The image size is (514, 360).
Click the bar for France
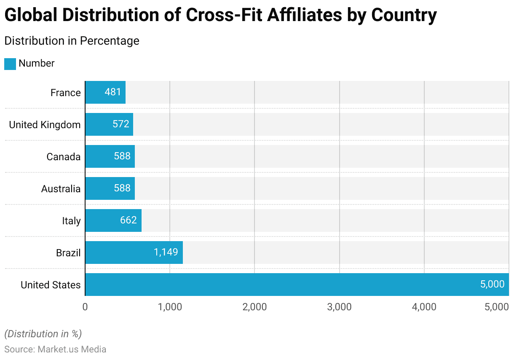105,92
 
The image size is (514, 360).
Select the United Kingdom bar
109,124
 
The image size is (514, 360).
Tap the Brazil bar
134,253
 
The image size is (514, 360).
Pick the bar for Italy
113,220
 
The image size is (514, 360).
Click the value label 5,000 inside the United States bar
492,285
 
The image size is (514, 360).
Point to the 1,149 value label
166,253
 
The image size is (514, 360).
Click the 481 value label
113,92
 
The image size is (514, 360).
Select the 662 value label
128,220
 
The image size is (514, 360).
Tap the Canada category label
63,157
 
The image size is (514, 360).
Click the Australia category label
61,189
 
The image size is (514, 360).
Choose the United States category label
51,285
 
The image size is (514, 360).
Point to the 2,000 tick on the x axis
254,307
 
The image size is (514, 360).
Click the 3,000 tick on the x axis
339,307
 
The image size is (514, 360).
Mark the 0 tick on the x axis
85,307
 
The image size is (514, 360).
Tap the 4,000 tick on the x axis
424,307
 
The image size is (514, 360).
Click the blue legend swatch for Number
10,64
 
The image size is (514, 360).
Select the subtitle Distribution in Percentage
72,41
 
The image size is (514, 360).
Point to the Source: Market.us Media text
55,349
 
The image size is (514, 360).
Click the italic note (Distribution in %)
43,334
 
